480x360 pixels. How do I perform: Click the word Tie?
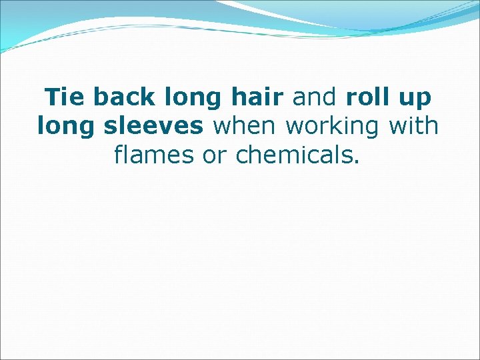point(65,97)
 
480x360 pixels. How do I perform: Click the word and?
point(316,97)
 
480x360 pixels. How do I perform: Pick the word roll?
point(367,97)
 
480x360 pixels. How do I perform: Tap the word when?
point(247,125)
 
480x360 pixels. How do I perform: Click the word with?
point(414,125)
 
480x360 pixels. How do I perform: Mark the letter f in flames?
point(119,154)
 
